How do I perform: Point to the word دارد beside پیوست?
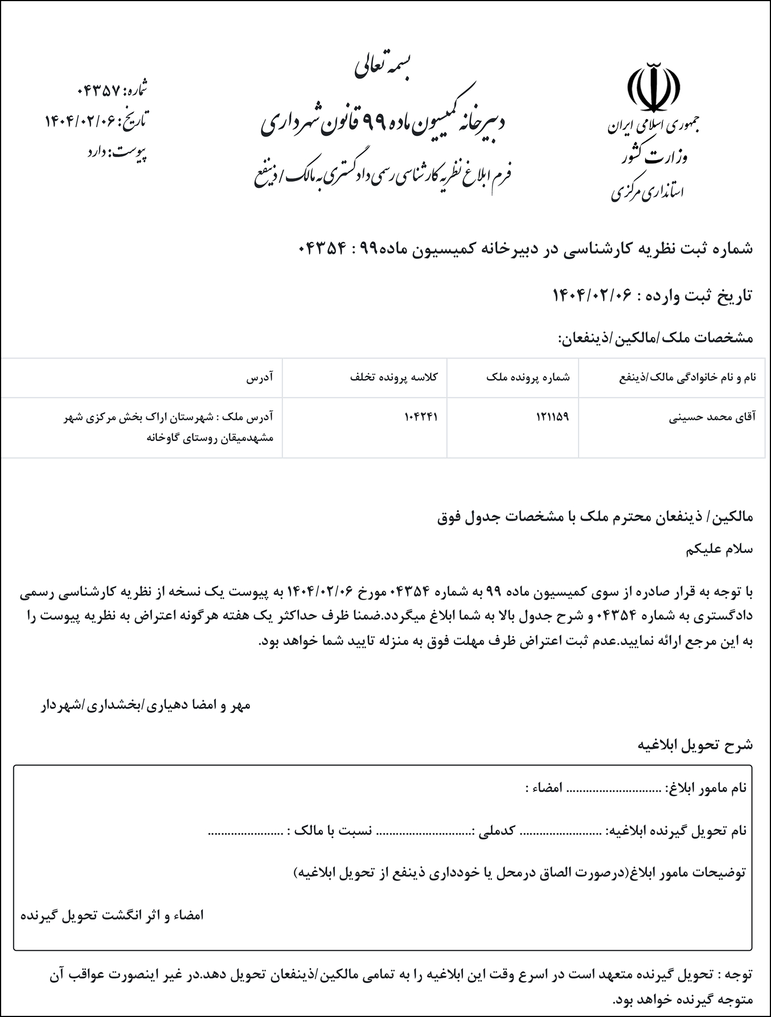coord(100,153)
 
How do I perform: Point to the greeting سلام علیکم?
coord(720,549)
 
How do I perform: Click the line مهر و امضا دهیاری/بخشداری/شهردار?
coord(145,706)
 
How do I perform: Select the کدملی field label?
coord(494,831)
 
